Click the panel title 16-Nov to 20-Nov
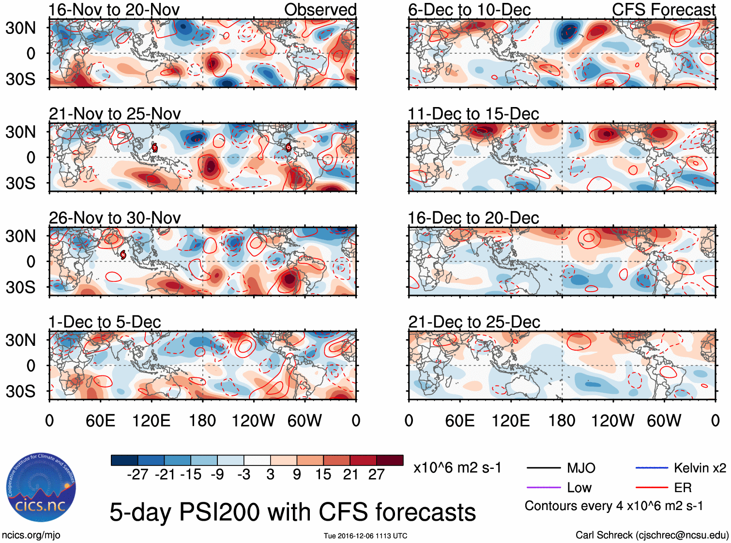point(114,10)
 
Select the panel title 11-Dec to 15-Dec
point(473,114)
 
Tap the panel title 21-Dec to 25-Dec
point(474,322)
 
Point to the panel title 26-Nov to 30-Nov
point(115,218)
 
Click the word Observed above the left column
point(320,10)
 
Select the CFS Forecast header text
point(663,10)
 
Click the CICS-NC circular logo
point(41,488)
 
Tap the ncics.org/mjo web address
point(31,535)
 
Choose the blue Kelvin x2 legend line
point(651,467)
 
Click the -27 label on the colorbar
point(137,474)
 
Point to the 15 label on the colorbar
point(323,474)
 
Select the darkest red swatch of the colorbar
point(390,460)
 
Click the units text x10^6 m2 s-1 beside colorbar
point(457,468)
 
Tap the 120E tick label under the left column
point(151,420)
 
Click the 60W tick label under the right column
point(664,420)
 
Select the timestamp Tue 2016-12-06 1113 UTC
point(365,536)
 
